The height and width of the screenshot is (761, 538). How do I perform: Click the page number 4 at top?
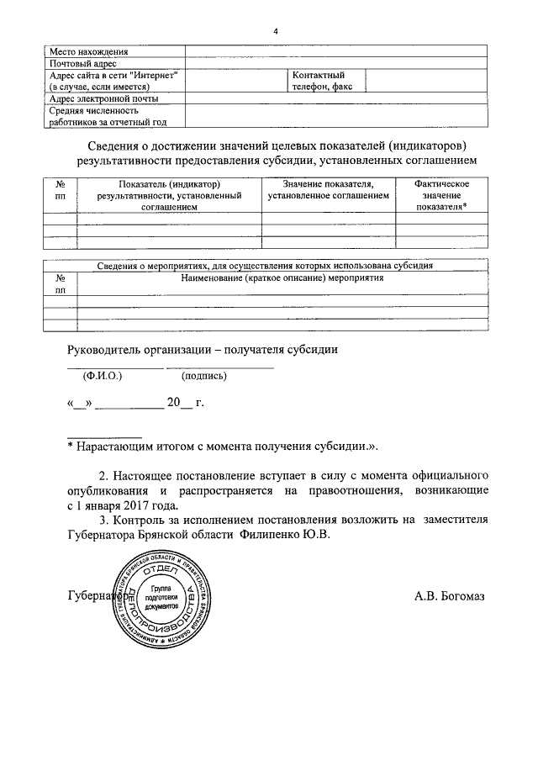click(275, 32)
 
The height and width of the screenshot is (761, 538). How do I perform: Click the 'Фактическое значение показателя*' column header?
click(441, 195)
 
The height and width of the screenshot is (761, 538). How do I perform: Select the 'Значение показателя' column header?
click(328, 190)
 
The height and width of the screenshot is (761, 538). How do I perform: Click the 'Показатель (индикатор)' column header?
click(169, 195)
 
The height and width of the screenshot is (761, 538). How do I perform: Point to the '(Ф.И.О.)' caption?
click(104, 376)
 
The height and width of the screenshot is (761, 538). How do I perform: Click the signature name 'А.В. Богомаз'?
click(449, 596)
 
